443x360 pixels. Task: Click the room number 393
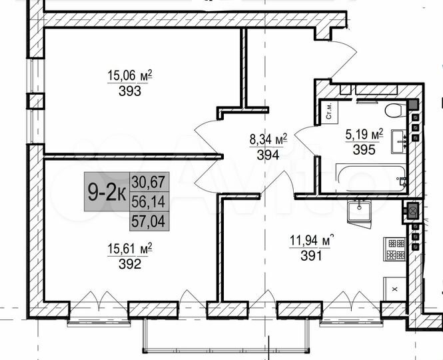point(131,92)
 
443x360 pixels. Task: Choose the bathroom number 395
point(364,150)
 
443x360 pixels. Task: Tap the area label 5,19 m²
point(364,135)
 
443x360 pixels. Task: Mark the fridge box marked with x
point(394,289)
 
